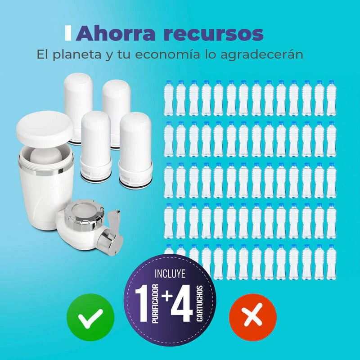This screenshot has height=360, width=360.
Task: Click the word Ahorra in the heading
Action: [x=115, y=34]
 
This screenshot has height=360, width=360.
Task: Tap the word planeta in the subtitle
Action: [x=77, y=55]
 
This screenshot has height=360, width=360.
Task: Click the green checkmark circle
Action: [x=90, y=317]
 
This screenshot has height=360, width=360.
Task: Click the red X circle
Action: [x=253, y=317]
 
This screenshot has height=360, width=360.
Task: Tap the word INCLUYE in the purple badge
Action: [x=170, y=274]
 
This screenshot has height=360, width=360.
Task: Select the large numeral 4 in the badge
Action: [x=182, y=303]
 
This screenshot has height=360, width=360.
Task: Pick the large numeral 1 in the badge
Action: [x=141, y=303]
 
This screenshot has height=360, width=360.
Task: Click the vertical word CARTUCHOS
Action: [x=199, y=303]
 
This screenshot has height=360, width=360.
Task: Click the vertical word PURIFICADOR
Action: [x=155, y=303]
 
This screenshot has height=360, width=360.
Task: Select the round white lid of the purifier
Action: [x=45, y=127]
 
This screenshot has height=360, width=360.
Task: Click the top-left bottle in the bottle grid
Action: [x=168, y=98]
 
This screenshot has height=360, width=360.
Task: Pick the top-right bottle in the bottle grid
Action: [x=331, y=98]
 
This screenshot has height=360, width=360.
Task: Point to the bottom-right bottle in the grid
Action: [x=331, y=262]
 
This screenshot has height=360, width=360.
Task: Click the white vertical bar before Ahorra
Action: [x=68, y=33]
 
